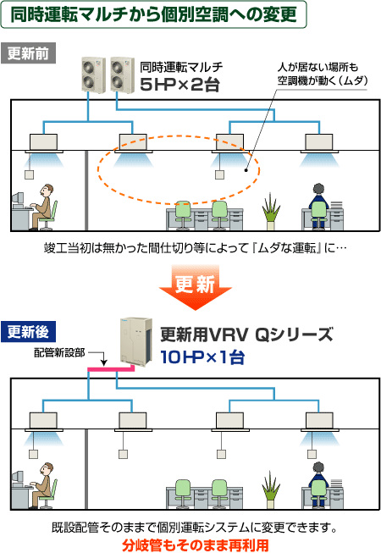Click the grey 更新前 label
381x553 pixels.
tap(28, 53)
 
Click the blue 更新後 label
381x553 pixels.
tap(28, 332)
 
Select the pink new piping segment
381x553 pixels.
tap(111, 369)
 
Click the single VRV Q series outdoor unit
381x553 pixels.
tap(136, 341)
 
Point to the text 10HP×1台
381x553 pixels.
tap(202, 357)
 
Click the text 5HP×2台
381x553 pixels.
tap(179, 85)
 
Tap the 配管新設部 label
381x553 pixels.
tap(59, 352)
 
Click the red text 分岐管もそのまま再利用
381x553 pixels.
tap(196, 545)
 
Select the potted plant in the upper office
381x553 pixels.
tap(271, 211)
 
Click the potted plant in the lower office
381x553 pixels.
tap(271, 489)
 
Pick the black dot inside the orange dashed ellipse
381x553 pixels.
tap(246, 171)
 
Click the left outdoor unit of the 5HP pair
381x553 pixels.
tap(94, 75)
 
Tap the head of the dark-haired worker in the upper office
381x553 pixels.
tap(318, 190)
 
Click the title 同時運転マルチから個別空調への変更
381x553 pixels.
tap(153, 14)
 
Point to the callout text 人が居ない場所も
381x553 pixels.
tap(317, 67)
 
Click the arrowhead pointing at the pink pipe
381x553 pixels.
tap(103, 363)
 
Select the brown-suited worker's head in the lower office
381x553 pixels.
tap(47, 469)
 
